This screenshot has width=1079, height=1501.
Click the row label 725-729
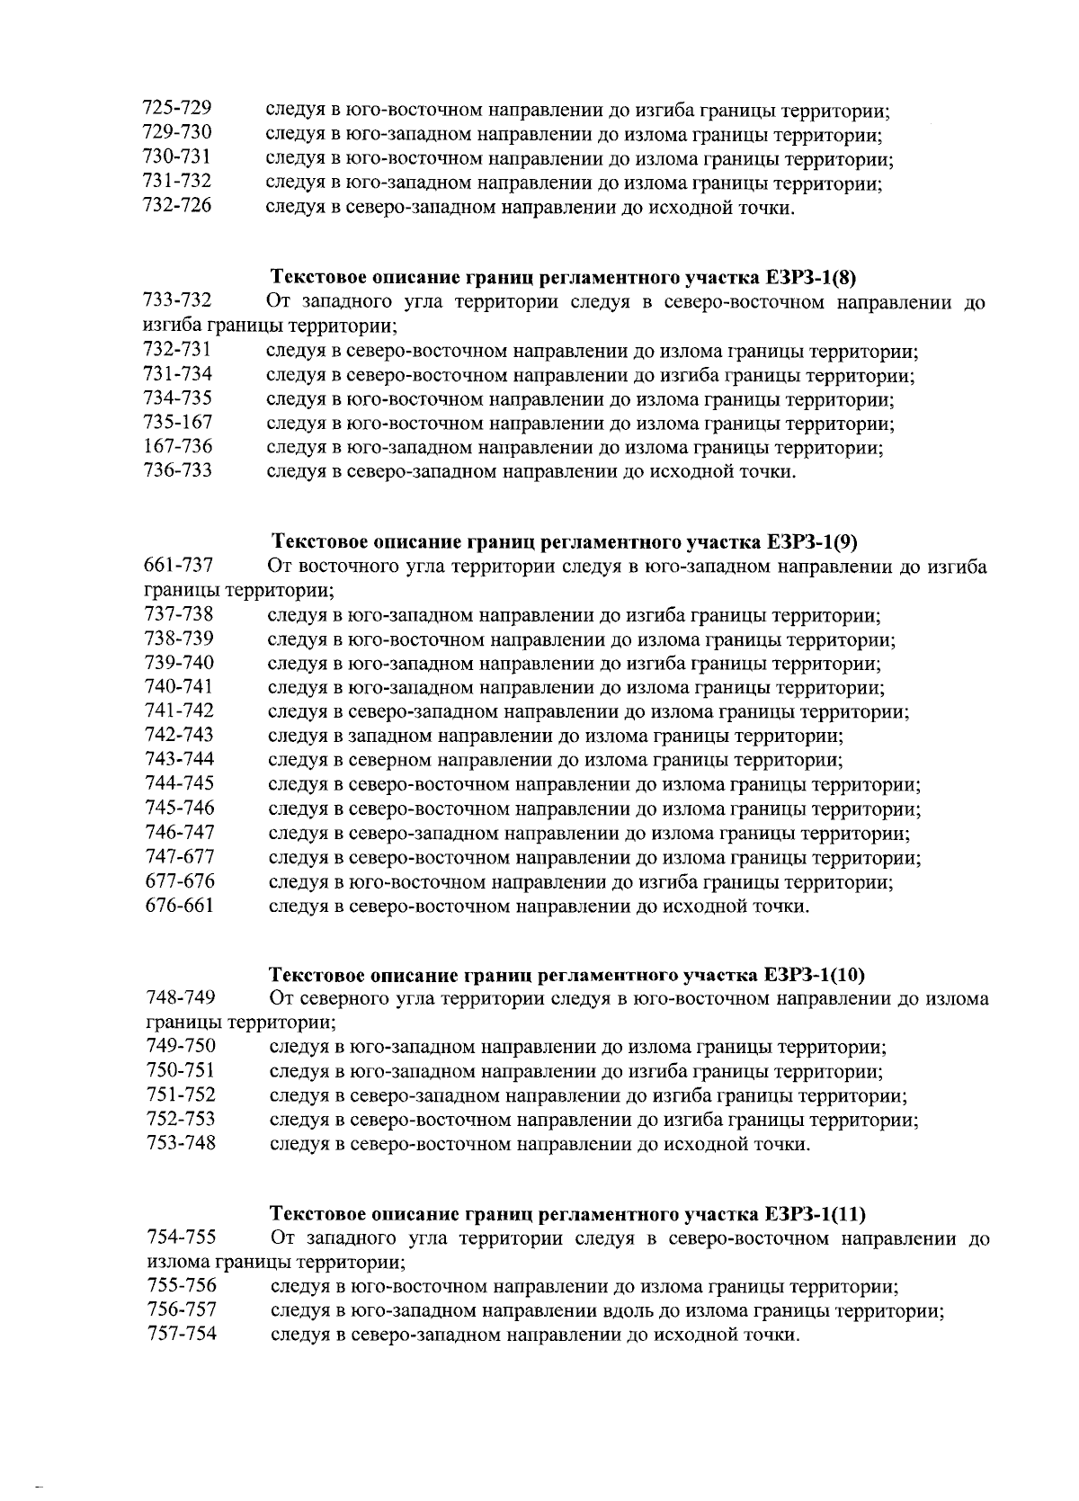click(177, 108)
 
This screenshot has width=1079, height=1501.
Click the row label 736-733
click(177, 469)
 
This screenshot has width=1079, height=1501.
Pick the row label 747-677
click(179, 856)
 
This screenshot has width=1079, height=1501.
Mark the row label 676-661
click(179, 905)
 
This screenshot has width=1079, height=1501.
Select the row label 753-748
click(180, 1143)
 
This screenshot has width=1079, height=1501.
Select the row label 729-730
click(177, 132)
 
